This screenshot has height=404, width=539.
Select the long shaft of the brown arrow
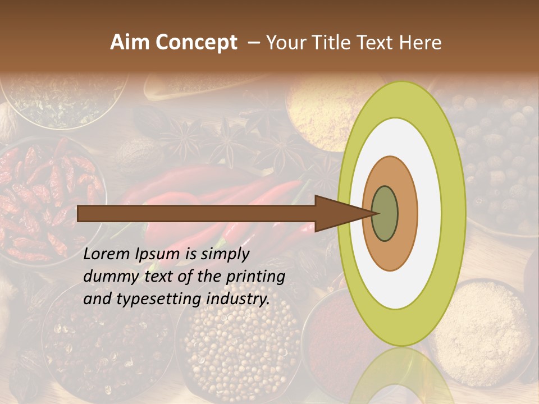click(x=197, y=213)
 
